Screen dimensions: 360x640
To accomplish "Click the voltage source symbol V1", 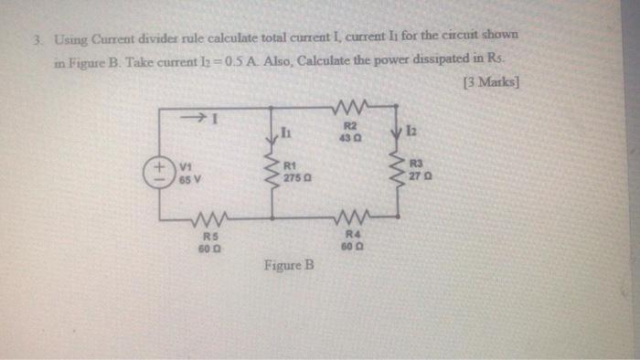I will coord(160,173).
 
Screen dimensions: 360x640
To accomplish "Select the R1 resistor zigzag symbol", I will coord(272,171).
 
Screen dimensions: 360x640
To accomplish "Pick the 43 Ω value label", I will coord(350,135).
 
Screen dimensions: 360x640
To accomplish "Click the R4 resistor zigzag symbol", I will coord(350,218).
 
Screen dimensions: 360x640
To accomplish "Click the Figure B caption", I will coord(288,267).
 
